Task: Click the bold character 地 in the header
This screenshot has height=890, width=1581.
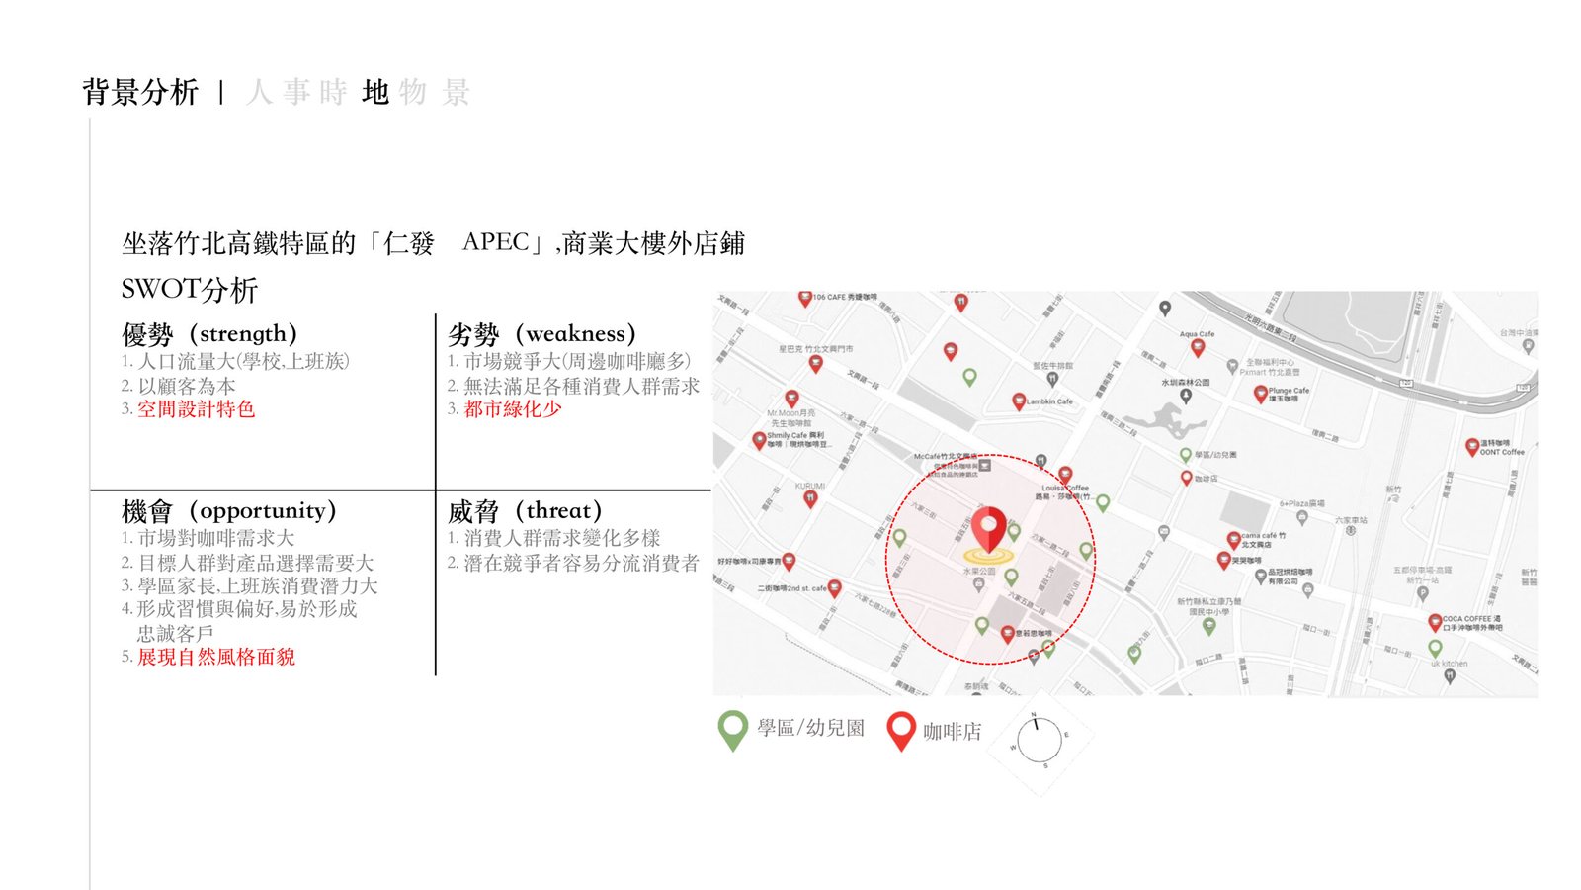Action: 375,92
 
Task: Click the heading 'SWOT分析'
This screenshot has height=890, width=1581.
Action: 189,290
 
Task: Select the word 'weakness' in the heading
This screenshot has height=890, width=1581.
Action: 575,334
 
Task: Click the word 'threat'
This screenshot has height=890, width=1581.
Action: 558,511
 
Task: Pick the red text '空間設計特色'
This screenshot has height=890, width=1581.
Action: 196,409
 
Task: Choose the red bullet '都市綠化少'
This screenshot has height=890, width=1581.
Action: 513,409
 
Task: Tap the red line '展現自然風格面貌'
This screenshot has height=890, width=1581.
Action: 215,657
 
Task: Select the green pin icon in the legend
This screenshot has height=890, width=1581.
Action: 732,730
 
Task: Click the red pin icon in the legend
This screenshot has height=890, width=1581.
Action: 900,731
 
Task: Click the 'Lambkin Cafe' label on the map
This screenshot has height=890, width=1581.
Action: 1049,401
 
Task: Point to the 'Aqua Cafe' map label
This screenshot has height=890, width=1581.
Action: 1197,334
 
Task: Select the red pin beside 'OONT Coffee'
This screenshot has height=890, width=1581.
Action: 1471,446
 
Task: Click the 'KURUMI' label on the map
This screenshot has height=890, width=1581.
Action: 809,486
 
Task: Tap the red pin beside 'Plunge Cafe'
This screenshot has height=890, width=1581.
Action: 1260,394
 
